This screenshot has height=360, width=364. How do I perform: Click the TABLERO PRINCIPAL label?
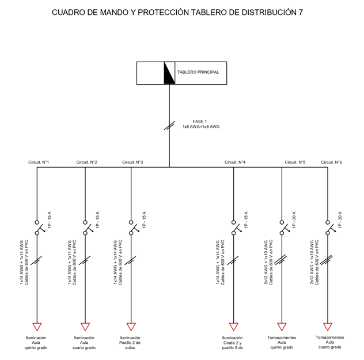tap(198, 72)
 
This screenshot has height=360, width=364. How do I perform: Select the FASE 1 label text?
tap(200, 122)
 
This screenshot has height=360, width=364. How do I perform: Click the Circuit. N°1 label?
tap(39, 162)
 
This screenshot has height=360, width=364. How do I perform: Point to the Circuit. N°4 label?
tap(235, 162)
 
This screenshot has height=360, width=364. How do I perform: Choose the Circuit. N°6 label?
tap(331, 162)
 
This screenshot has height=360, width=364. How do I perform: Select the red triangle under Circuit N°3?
tap(131, 326)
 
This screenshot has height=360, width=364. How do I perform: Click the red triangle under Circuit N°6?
tap(328, 326)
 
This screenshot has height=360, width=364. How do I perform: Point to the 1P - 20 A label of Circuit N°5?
tap(294, 219)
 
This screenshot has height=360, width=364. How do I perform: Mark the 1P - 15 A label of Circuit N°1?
tap(49, 219)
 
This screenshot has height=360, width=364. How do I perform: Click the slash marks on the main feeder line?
tap(169, 126)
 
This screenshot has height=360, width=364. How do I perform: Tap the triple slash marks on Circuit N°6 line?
tap(326, 260)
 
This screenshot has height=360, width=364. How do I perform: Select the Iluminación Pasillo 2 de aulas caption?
tap(130, 343)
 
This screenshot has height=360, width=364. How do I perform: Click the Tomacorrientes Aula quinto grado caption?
tap(282, 342)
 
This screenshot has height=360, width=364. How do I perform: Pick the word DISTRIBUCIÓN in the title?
tap(268, 12)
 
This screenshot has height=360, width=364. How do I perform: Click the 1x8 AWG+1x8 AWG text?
tap(201, 127)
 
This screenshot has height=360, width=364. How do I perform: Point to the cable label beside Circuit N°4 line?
tap(221, 263)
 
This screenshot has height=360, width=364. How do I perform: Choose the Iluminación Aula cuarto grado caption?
tap(84, 343)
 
